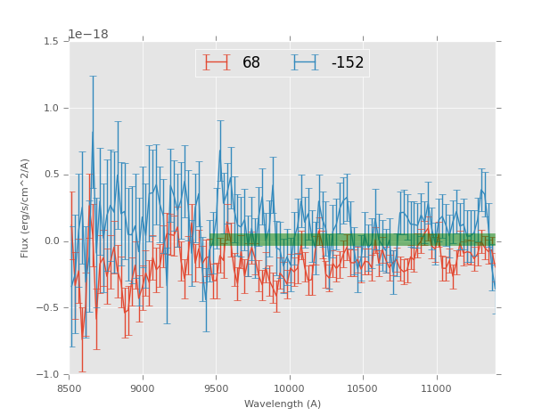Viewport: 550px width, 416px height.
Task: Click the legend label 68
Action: (251, 63)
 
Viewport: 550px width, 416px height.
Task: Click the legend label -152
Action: (348, 63)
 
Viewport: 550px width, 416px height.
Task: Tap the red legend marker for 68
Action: (217, 62)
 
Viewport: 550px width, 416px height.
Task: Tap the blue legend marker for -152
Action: (306, 62)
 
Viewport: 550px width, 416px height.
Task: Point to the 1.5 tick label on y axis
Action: (53, 42)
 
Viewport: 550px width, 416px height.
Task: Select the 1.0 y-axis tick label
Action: (53, 109)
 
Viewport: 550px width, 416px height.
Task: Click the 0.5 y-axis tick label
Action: (53, 175)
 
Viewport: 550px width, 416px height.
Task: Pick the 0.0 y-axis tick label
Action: (53, 241)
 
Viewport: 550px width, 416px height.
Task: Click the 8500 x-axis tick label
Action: (70, 388)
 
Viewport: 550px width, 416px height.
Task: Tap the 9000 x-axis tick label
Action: (143, 388)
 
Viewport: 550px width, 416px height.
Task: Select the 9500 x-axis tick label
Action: (216, 388)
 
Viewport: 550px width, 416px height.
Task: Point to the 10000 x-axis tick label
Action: (290, 388)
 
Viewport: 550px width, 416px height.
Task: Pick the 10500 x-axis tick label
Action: (363, 388)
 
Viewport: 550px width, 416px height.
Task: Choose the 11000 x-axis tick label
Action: (436, 388)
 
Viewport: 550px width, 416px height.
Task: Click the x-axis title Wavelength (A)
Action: (283, 404)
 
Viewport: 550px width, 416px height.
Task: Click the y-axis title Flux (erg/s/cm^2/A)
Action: (26, 208)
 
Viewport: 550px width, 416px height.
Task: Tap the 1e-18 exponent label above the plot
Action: (88, 35)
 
